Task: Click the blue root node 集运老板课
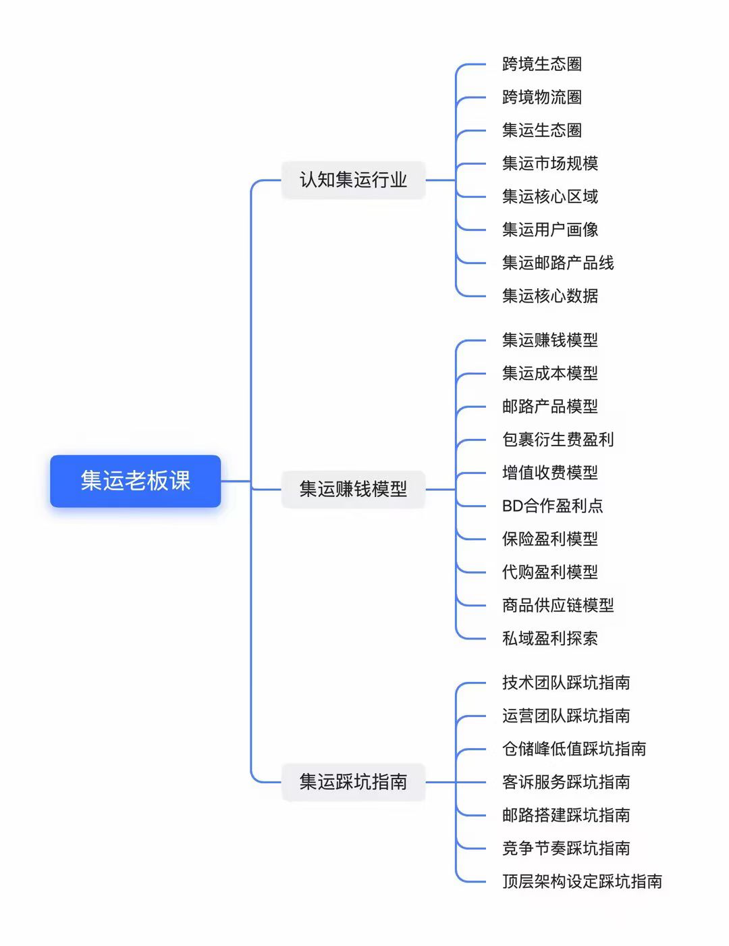click(135, 481)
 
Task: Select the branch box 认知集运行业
click(353, 180)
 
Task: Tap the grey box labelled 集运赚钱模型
click(353, 489)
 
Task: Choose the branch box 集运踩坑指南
click(353, 782)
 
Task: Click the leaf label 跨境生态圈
click(541, 64)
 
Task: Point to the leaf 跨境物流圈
click(541, 97)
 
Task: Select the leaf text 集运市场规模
click(549, 163)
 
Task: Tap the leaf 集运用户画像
click(549, 230)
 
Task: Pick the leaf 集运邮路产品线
click(558, 263)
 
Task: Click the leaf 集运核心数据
click(549, 296)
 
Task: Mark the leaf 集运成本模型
click(549, 373)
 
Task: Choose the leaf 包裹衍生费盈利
click(558, 440)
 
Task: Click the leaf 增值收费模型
click(549, 473)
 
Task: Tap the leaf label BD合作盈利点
click(552, 506)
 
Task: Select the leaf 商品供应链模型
click(558, 605)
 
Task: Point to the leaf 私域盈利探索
click(549, 638)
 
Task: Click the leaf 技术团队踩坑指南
click(566, 683)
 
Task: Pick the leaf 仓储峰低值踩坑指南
click(574, 749)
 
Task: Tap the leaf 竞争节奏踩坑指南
click(566, 848)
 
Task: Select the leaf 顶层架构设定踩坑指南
click(582, 881)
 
